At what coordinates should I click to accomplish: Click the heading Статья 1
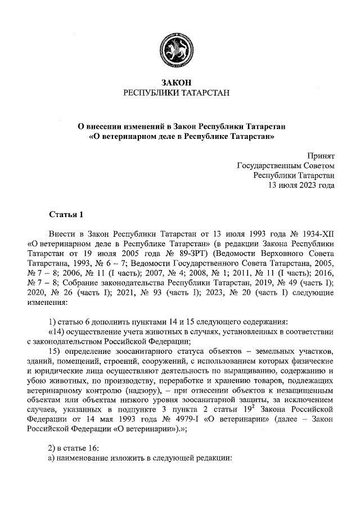click(66, 215)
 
